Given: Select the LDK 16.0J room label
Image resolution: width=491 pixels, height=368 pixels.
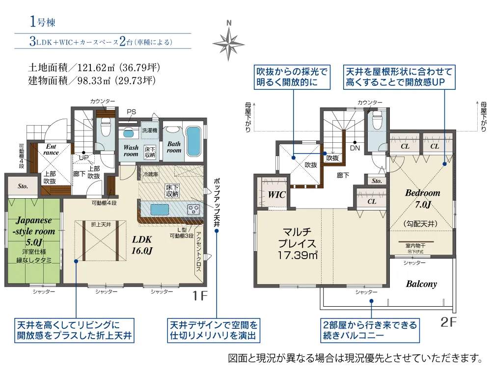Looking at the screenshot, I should [142, 245].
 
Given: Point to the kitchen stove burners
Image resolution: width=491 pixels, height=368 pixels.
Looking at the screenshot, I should [193, 210].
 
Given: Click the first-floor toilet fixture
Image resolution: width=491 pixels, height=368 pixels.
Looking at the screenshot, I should [105, 129].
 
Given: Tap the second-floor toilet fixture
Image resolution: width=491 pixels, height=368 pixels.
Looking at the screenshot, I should [377, 119].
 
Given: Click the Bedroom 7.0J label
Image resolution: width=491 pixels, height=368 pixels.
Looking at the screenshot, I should [422, 198].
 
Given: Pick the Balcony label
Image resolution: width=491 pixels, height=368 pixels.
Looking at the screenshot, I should [421, 284].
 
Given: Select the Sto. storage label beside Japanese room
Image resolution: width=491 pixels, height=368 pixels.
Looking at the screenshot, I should [23, 186].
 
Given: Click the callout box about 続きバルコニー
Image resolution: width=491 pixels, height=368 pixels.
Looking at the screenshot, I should [370, 331].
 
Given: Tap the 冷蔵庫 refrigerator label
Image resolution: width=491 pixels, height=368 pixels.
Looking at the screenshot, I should [149, 174].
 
